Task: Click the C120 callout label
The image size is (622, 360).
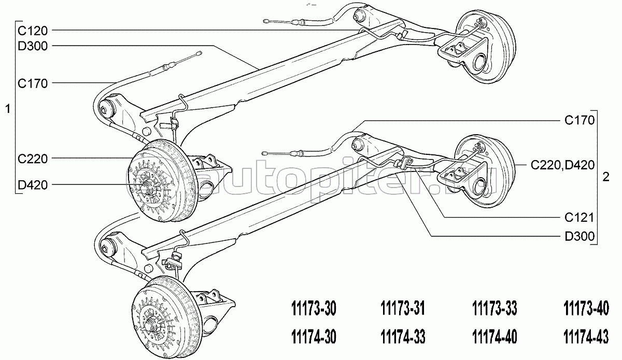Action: (x=33, y=31)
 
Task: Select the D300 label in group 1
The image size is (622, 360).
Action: (x=33, y=46)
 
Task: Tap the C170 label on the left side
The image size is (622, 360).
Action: (x=33, y=83)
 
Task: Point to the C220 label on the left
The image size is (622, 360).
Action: (x=33, y=159)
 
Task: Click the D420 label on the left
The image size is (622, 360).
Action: (x=33, y=185)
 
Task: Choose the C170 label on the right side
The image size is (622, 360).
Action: (x=579, y=121)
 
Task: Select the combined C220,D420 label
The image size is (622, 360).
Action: (x=563, y=165)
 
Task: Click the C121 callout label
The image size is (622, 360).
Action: (x=579, y=218)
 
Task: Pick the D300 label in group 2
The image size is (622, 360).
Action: (x=579, y=237)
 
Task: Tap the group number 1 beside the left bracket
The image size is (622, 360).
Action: (x=8, y=109)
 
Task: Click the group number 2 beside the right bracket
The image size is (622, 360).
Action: (x=606, y=177)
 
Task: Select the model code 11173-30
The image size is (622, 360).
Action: (x=314, y=308)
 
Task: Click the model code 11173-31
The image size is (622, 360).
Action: (x=403, y=308)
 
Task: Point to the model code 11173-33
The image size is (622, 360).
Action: (x=494, y=308)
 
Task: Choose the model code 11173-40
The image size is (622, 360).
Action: (x=586, y=308)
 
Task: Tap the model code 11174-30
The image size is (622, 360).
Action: (x=314, y=337)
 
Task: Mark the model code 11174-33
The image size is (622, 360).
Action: (x=403, y=337)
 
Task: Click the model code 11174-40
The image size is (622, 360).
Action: (x=494, y=337)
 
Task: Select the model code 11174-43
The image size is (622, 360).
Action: (x=586, y=337)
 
